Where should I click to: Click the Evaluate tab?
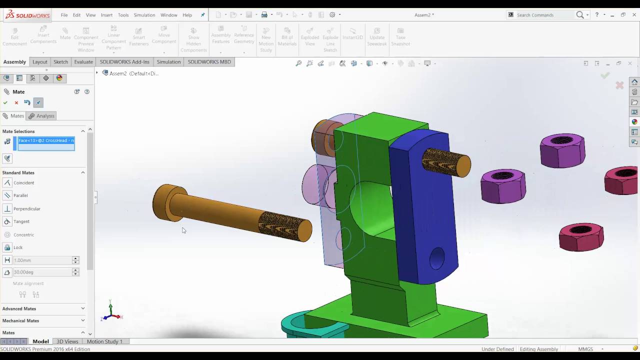pyautogui.click(x=83, y=62)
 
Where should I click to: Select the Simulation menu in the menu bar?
pyautogui.click(x=144, y=15)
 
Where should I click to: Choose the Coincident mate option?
pyautogui.click(x=23, y=183)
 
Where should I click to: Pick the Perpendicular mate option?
pyautogui.click(x=26, y=208)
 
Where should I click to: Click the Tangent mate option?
pyautogui.click(x=21, y=221)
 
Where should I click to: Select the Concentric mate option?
pyautogui.click(x=23, y=234)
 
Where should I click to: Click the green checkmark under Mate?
pyautogui.click(x=5, y=102)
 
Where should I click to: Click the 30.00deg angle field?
pyautogui.click(x=42, y=272)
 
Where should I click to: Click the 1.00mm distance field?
pyautogui.click(x=42, y=260)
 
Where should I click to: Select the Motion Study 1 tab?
pyautogui.click(x=104, y=341)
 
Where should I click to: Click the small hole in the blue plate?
pyautogui.click(x=436, y=258)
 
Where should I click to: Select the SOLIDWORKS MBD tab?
pyautogui.click(x=209, y=62)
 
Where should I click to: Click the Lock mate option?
pyautogui.click(x=18, y=247)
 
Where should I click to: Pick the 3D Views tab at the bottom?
pyautogui.click(x=67, y=341)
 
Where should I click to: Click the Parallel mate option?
pyautogui.click(x=20, y=195)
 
